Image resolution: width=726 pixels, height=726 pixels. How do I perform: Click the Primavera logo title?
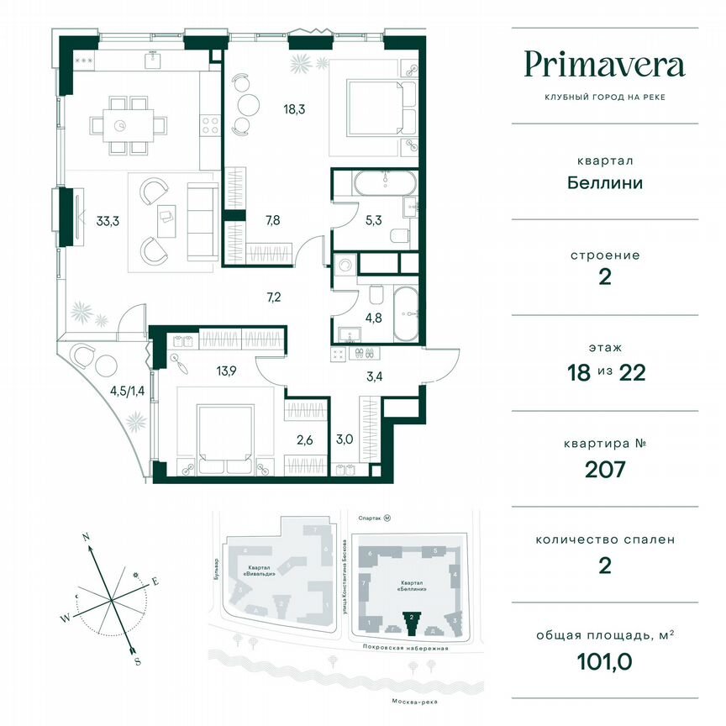604,65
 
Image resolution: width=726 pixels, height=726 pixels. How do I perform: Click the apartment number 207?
604,469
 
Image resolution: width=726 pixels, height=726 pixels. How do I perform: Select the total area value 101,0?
604,660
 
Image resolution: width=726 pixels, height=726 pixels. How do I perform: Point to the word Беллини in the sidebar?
604,182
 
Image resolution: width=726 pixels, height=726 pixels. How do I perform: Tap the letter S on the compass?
136,661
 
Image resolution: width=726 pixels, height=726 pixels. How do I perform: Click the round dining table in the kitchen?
123,124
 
